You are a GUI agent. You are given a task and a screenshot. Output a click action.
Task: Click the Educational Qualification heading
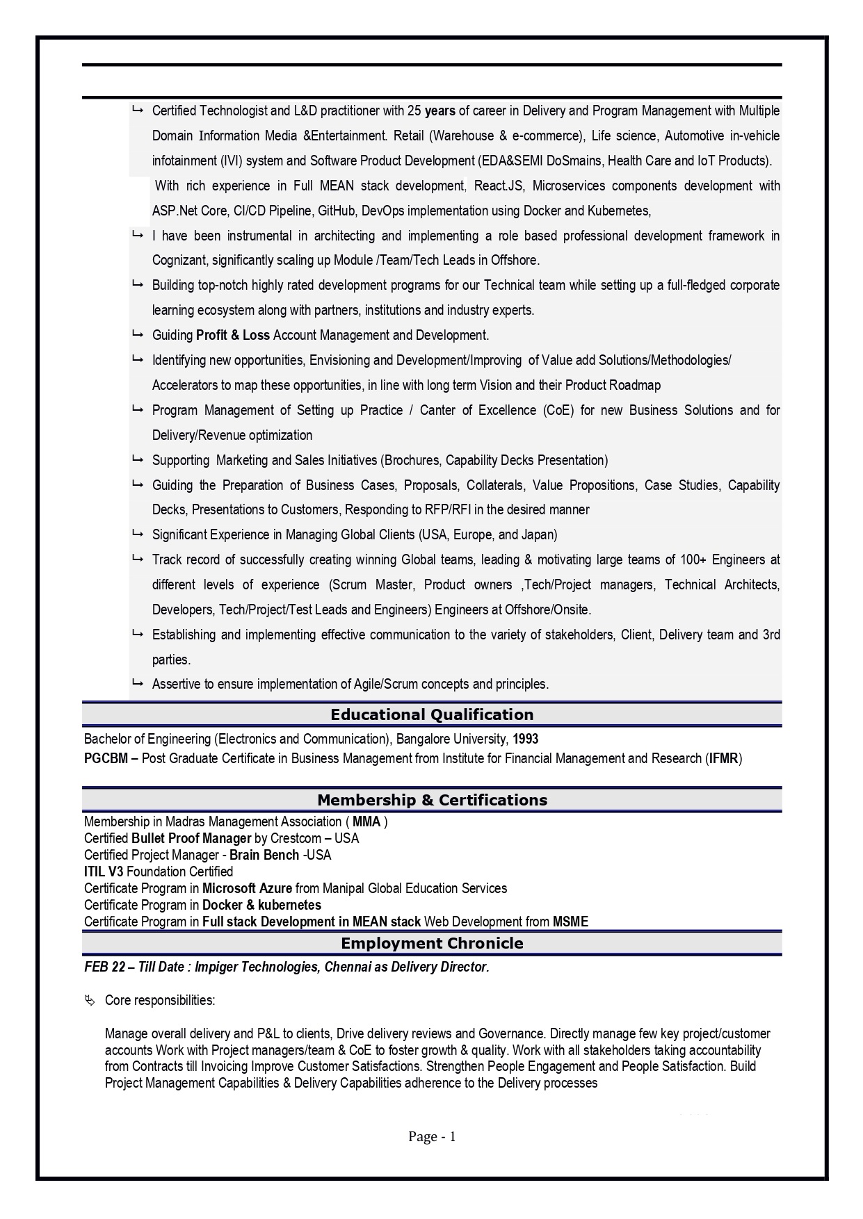point(431,714)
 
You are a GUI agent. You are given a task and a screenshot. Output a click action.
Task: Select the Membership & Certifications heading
point(431,800)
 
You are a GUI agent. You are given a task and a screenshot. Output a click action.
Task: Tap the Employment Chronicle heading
point(431,943)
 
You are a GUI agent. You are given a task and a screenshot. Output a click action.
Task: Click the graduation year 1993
point(526,739)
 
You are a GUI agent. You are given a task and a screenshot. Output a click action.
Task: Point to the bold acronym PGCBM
point(106,758)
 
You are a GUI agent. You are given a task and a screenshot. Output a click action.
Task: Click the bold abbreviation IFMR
point(723,758)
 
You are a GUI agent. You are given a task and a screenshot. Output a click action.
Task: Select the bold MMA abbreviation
point(366,821)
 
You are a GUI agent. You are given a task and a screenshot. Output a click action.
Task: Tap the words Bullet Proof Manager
point(191,838)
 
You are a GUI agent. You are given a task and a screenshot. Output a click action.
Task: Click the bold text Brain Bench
point(264,855)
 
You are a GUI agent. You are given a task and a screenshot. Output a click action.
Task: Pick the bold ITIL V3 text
point(104,872)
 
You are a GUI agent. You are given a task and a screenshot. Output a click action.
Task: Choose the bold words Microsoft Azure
point(247,888)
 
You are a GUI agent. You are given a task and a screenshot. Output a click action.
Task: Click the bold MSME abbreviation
point(570,922)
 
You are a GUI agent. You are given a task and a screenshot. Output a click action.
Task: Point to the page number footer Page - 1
point(431,1137)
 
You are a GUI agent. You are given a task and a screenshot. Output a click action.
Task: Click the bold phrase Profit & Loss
point(232,335)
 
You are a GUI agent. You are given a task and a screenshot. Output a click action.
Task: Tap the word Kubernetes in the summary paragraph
point(618,211)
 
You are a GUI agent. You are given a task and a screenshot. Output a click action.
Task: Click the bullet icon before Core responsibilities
point(90,1000)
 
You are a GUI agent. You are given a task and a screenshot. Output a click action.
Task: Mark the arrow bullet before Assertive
point(137,683)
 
